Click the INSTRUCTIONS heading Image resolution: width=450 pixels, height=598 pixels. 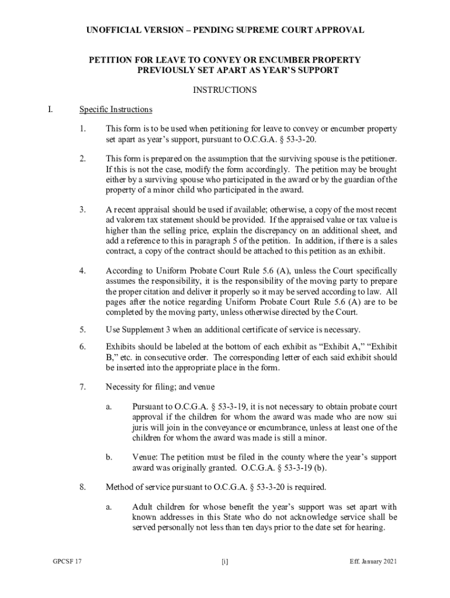coord(225,90)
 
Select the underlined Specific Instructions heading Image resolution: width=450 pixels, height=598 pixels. coord(116,109)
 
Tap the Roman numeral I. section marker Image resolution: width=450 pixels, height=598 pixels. coord(51,109)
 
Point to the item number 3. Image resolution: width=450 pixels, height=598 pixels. coord(83,209)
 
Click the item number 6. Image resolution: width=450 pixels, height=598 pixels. coord(83,346)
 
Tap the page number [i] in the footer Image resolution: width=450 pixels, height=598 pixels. coord(225,562)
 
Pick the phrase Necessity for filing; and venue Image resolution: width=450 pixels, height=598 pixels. coord(160,387)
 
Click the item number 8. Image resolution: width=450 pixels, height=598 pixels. coord(83,486)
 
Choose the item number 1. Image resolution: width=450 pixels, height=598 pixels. coord(83,128)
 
